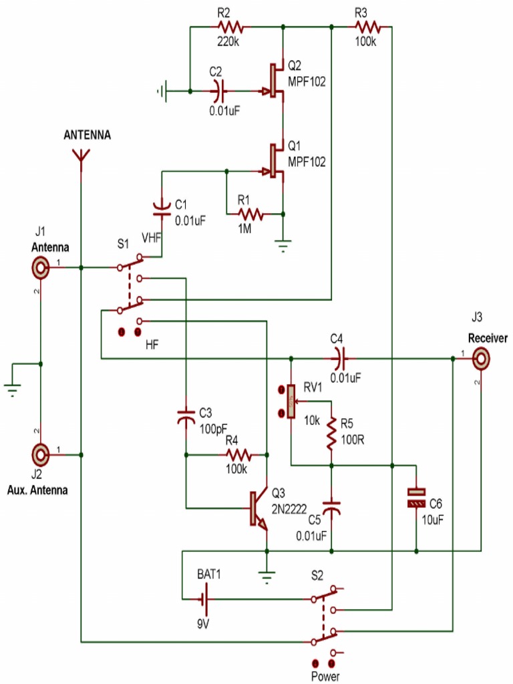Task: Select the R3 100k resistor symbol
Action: tap(367, 27)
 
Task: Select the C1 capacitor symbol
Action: tap(161, 208)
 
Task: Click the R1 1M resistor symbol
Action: tap(251, 214)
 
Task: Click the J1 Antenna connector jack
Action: tap(41, 269)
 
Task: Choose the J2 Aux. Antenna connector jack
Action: tap(41, 455)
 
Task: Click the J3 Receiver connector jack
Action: tap(482, 360)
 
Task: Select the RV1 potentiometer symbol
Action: tap(291, 401)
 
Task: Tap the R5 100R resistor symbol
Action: tap(331, 434)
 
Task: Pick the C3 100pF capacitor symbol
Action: tap(186, 417)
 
